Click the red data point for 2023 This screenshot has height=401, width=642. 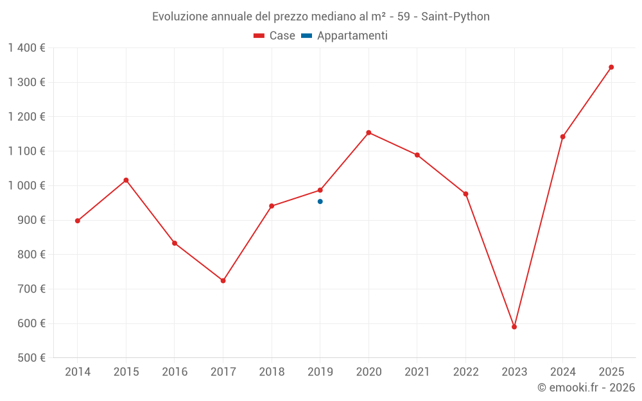point(514,327)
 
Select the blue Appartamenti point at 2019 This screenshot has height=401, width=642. point(320,201)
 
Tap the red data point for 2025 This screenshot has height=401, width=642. point(611,67)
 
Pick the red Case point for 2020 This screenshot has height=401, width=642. point(369,133)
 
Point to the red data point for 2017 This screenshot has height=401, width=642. point(223,280)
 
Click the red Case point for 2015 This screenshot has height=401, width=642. point(126,180)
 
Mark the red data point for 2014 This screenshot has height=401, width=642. point(78,221)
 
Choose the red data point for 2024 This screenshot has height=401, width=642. point(563,137)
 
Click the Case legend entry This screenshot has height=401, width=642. point(274,36)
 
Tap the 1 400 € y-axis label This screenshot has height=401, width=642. point(26,48)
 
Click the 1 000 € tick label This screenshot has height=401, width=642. point(26,185)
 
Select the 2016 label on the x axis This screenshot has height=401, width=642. point(175,372)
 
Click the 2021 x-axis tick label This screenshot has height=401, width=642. point(417,372)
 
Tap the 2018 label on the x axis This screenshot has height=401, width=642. point(272,372)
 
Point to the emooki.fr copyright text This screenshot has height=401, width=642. point(586,388)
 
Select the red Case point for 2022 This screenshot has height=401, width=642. point(465,194)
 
